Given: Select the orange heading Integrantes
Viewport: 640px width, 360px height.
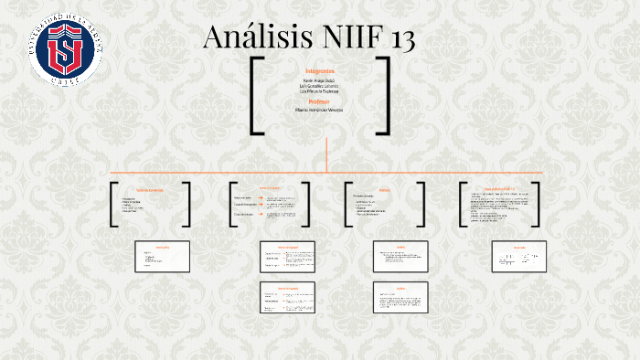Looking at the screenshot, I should tap(320, 70).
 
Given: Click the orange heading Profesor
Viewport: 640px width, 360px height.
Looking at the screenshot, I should tap(320, 101).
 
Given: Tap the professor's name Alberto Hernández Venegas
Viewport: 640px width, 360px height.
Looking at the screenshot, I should tap(320, 110).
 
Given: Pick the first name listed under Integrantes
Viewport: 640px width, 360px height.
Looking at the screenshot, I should tap(320, 79).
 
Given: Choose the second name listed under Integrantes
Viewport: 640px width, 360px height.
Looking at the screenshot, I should tap(320, 86).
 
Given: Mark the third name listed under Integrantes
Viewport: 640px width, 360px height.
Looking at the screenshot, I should tap(320, 92).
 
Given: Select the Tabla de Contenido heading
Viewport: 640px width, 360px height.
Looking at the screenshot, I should tap(149, 189).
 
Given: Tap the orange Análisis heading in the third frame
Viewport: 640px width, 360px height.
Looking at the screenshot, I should tap(384, 189).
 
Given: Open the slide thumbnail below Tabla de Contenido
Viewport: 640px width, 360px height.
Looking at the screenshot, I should tap(163, 256).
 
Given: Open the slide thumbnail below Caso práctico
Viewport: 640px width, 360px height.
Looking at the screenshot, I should tap(518, 256).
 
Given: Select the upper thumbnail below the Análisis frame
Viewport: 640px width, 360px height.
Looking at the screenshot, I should tap(400, 256).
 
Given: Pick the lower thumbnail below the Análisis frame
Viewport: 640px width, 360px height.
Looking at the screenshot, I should tap(400, 297).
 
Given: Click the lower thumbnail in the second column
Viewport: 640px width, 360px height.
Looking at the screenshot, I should tap(288, 297).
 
